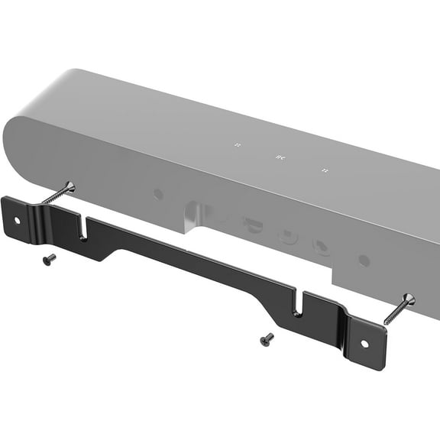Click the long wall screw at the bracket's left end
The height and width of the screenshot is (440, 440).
(x=57, y=193)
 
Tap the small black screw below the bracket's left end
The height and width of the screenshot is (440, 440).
(x=48, y=259)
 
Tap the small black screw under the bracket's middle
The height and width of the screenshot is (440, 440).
(x=267, y=338)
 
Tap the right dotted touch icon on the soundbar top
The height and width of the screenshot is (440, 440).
(x=325, y=170)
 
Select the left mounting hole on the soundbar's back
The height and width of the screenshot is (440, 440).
(x=158, y=194)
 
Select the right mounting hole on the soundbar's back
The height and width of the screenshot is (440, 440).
(x=364, y=260)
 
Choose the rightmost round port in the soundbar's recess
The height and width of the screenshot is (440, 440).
(x=322, y=247)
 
